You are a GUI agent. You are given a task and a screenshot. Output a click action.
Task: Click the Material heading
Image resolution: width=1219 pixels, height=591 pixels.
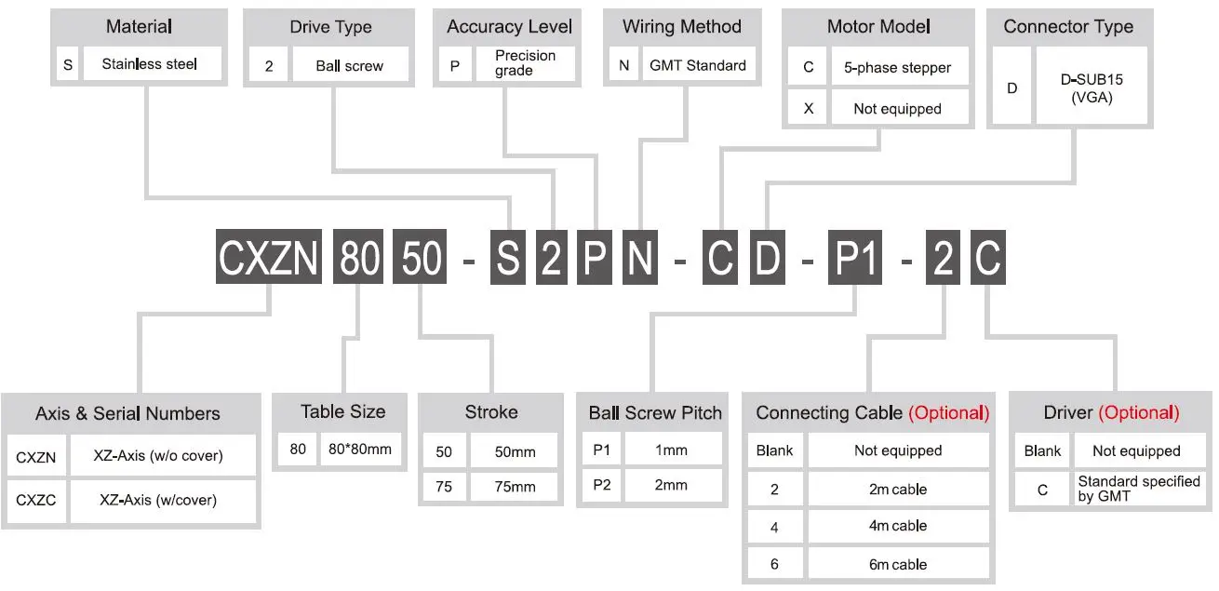pyautogui.click(x=139, y=26)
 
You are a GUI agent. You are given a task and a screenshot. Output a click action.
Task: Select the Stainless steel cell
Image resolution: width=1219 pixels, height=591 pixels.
pyautogui.click(x=150, y=65)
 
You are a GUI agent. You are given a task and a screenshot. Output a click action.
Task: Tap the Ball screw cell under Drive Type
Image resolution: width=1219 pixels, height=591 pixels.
pyautogui.click(x=349, y=66)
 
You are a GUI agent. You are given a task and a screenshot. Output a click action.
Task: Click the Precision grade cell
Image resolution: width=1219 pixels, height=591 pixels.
pyautogui.click(x=525, y=63)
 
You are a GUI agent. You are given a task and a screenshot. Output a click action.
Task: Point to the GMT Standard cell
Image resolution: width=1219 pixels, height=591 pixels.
pyautogui.click(x=697, y=65)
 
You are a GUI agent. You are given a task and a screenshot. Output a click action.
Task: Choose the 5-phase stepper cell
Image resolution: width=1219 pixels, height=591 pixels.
pyautogui.click(x=897, y=68)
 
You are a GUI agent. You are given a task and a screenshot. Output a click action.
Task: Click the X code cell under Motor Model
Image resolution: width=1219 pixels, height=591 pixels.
pyautogui.click(x=808, y=109)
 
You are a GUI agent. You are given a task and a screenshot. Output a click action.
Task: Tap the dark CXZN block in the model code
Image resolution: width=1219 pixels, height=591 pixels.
pyautogui.click(x=271, y=257)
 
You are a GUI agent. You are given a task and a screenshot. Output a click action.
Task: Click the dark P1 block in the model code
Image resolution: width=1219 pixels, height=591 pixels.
pyautogui.click(x=854, y=257)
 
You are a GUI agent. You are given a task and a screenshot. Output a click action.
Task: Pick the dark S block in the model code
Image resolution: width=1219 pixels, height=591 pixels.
pyautogui.click(x=508, y=257)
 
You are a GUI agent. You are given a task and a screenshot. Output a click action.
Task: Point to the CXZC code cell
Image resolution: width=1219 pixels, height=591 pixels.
pyautogui.click(x=36, y=501)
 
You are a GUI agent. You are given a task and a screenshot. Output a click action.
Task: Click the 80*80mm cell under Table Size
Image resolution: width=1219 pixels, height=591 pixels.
pyautogui.click(x=360, y=450)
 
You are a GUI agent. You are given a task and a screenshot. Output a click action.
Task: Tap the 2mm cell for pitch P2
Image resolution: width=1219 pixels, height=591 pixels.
pyautogui.click(x=671, y=485)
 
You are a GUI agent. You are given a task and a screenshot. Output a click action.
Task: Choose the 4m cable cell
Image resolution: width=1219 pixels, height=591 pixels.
pyautogui.click(x=897, y=526)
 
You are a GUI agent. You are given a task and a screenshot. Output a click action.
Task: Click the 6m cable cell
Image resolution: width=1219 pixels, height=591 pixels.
pyautogui.click(x=897, y=564)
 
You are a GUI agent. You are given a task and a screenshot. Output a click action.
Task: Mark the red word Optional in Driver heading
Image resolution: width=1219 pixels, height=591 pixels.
pyautogui.click(x=1139, y=412)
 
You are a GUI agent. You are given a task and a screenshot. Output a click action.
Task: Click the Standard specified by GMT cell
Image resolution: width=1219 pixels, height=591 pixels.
pyautogui.click(x=1138, y=489)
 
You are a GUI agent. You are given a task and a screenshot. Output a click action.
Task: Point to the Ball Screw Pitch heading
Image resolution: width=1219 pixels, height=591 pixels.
pyautogui.click(x=655, y=413)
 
